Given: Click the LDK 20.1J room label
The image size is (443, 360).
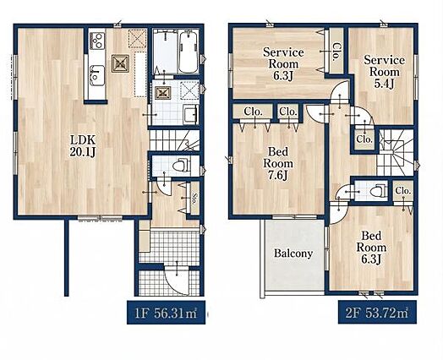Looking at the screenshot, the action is pos(83,146).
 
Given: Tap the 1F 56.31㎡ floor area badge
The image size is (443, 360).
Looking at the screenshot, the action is pos(166,313).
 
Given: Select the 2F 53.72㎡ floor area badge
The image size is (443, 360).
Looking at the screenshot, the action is pos(377,313).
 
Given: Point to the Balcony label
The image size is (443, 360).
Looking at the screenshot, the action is pos(293,254).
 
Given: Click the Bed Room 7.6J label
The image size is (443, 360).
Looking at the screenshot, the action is pos(278,164).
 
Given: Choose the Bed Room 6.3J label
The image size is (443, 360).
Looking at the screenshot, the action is pos(371,248).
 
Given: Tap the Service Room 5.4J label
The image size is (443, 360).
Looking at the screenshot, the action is pos(384,72).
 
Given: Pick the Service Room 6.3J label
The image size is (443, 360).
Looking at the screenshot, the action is pos(283,64).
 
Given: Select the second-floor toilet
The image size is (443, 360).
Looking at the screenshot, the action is pos(377,190).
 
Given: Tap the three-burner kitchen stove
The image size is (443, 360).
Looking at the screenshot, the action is pos(97,41).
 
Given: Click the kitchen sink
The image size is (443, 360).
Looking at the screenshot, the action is pos(97,76).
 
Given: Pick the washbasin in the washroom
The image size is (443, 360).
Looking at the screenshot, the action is pos(190,114).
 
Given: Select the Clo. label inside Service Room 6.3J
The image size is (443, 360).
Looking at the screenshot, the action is pos(336,52).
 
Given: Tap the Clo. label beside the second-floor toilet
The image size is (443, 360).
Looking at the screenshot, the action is pos(403,191).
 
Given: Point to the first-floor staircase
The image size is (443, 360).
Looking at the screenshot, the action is pos(174,140).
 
